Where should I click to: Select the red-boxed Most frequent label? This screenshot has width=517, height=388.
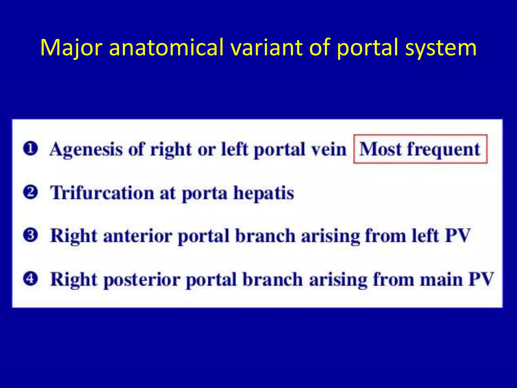(420, 149)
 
